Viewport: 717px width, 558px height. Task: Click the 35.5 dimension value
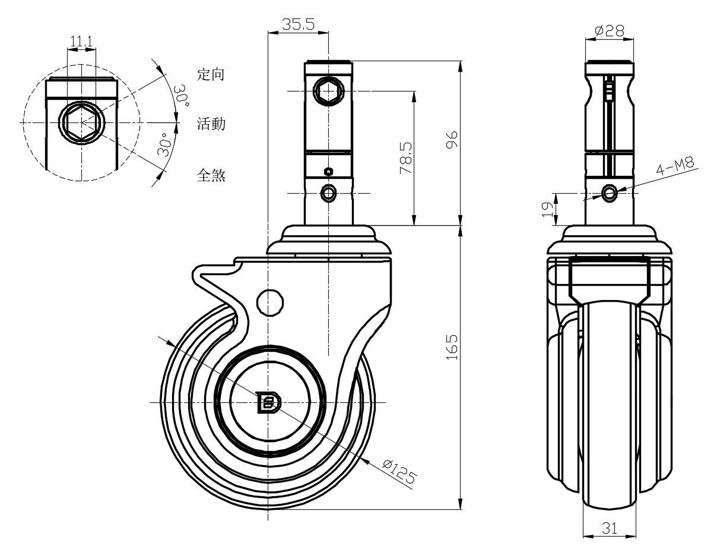[x=299, y=24]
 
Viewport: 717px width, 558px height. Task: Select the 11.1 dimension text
[x=81, y=42]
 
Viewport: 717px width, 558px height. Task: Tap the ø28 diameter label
[x=610, y=31]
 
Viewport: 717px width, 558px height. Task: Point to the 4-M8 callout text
[x=675, y=166]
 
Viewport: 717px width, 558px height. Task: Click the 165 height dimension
[x=452, y=347]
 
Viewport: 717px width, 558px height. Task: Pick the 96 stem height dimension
[x=452, y=140]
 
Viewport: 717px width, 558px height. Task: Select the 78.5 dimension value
[x=406, y=158]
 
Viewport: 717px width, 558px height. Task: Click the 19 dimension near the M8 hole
[x=547, y=209]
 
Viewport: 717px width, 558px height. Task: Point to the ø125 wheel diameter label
[x=399, y=472]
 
